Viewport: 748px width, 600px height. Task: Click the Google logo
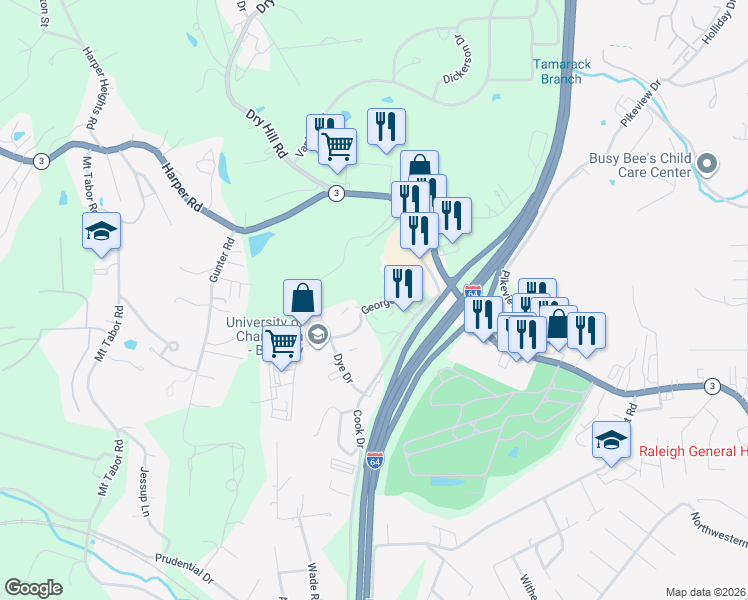point(34,588)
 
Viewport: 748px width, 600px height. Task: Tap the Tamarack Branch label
point(555,71)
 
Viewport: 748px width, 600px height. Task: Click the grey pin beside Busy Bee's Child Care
point(708,163)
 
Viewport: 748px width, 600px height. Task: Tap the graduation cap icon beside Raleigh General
point(612,439)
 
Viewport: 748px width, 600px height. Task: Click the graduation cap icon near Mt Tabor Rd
point(101,231)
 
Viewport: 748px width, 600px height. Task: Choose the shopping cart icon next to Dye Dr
point(283,345)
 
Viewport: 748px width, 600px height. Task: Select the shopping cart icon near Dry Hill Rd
point(338,146)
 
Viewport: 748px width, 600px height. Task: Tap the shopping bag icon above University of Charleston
point(302,297)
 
